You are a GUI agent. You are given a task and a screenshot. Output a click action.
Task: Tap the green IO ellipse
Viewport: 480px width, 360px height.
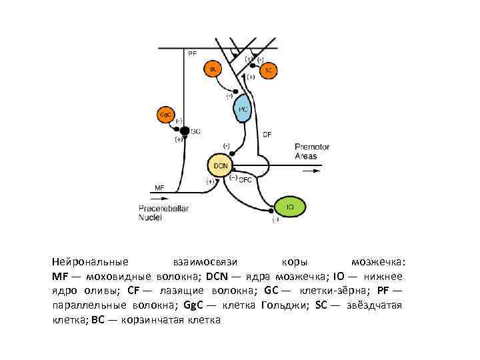pos(289,207)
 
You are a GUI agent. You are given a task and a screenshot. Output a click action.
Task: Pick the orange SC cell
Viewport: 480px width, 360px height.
pos(267,70)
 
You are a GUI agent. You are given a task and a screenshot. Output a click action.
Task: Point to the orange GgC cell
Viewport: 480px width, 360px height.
pos(165,114)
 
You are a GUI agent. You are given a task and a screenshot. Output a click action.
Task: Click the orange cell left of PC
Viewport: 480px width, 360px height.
pos(213,69)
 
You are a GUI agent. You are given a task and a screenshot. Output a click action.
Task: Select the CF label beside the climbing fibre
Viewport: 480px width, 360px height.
pos(267,134)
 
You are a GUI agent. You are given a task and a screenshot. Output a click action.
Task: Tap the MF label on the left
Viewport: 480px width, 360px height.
pos(159,188)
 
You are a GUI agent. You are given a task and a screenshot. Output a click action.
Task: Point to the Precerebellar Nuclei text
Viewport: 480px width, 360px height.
pos(163,213)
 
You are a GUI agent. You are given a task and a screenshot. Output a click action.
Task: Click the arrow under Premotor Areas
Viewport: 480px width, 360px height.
pos(310,171)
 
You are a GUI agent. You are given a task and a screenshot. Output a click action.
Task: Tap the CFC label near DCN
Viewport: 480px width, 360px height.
pos(245,179)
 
